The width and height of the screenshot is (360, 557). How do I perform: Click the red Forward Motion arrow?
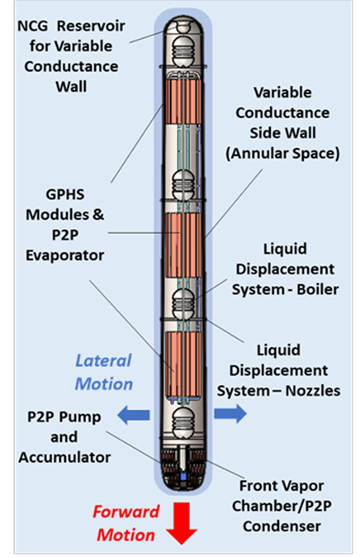pos(182,523)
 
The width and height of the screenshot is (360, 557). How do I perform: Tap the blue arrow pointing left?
pos(134,415)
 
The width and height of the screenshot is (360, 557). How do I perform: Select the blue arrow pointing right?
pos(230,413)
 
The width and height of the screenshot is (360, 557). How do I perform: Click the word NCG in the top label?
pos(32,26)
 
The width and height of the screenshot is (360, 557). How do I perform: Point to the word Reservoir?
pos(91,26)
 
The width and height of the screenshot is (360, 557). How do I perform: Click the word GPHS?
pos(65,194)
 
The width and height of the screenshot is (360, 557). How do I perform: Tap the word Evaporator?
pos(65,255)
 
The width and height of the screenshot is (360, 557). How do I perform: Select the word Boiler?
pos(318,289)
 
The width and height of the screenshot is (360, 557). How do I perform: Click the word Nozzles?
pos(313,391)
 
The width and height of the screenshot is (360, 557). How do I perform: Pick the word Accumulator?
pos(64,457)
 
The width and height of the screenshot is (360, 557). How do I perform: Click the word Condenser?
pos(282,526)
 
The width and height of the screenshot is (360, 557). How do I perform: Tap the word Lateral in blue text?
pos(103,361)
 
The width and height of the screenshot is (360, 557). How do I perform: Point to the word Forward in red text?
pos(126,512)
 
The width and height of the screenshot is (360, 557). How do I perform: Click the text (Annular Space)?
pos(282,154)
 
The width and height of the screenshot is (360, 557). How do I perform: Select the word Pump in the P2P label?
pos(84,417)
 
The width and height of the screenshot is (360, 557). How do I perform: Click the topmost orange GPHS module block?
pos(182,101)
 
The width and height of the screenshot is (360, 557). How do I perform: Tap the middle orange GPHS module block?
pos(183,245)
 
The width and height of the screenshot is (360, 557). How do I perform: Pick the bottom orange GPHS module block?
pos(183,364)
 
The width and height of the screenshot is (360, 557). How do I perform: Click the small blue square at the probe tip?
pos(183,476)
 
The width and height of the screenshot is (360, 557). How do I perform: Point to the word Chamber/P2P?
pos(282,506)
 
